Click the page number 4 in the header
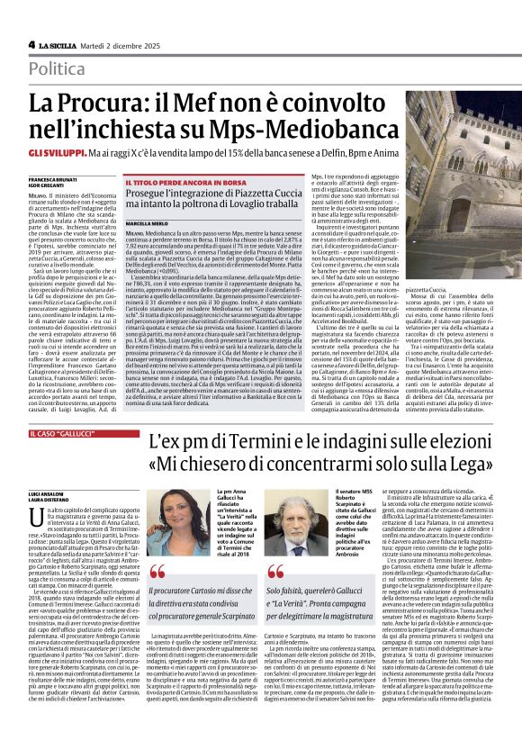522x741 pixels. tap(31, 44)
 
